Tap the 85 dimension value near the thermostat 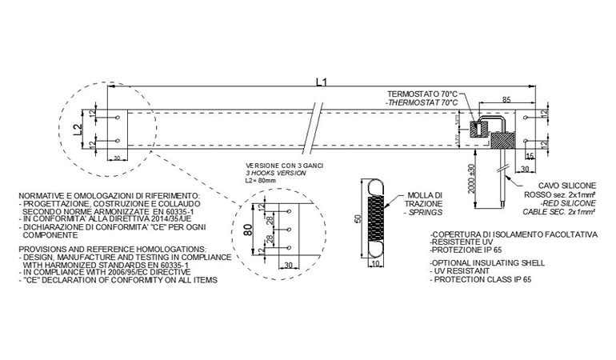pos(506,100)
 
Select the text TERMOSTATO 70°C pos(422,94)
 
